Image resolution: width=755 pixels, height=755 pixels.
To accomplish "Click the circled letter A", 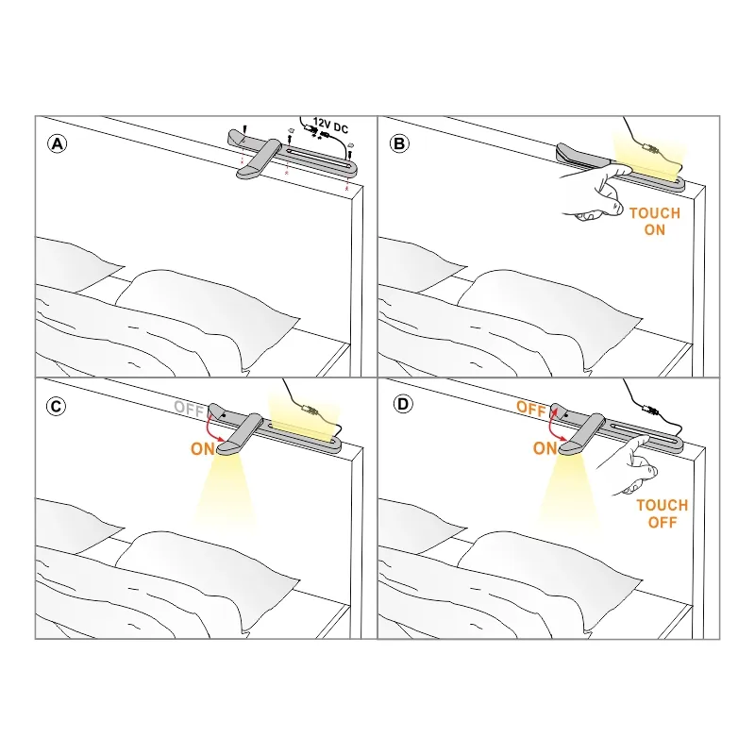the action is (x=58, y=144).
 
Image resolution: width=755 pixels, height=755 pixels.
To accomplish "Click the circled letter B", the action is (x=399, y=143).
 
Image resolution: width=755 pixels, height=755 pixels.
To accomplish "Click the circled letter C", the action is (x=57, y=407).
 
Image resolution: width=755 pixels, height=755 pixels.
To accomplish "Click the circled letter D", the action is (x=403, y=404).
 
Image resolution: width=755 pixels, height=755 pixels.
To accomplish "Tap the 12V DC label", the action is (x=330, y=126).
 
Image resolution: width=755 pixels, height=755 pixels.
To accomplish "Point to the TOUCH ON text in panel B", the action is (x=655, y=222).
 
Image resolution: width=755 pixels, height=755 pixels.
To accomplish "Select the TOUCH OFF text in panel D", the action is (x=663, y=513).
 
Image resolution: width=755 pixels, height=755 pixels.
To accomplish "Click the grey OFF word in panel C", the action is (x=189, y=408).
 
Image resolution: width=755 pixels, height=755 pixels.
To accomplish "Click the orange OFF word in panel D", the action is (x=531, y=408).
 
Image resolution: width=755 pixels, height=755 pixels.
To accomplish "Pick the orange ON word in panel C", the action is (x=203, y=449).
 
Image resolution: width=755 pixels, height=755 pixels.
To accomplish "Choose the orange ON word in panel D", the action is (x=545, y=448).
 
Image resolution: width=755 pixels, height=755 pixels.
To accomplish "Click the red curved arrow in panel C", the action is (x=209, y=428).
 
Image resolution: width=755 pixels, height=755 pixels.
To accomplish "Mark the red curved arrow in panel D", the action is (x=551, y=427).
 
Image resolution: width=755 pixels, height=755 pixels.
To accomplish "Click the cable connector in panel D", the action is (x=651, y=411).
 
